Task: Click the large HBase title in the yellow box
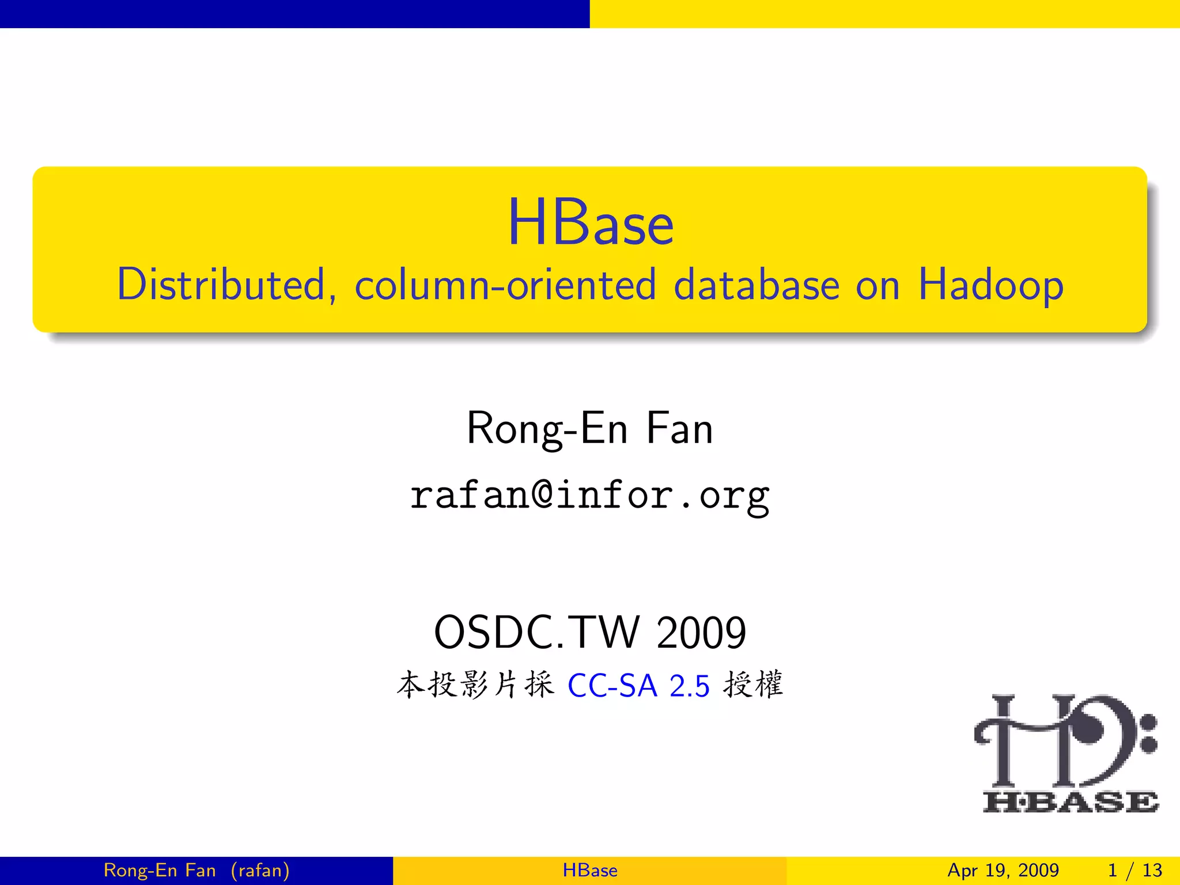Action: pyautogui.click(x=590, y=223)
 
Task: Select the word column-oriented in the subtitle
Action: pyautogui.click(x=505, y=285)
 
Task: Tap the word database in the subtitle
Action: pyautogui.click(x=756, y=285)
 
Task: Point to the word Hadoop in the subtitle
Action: pyautogui.click(x=990, y=286)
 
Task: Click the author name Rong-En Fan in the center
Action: pyautogui.click(x=590, y=429)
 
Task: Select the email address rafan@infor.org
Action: pyautogui.click(x=590, y=496)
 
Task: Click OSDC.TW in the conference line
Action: pyautogui.click(x=536, y=633)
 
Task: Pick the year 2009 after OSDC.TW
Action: pyautogui.click(x=701, y=633)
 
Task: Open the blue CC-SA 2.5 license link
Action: pyautogui.click(x=638, y=686)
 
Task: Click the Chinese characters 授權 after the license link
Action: pyautogui.click(x=753, y=685)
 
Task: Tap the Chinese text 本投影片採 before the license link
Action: pyautogui.click(x=475, y=685)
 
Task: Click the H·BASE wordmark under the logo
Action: pyautogui.click(x=1071, y=801)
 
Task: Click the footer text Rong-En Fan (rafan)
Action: pyautogui.click(x=196, y=870)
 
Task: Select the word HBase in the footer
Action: pyautogui.click(x=590, y=870)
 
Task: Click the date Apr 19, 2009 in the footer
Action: pyautogui.click(x=1003, y=870)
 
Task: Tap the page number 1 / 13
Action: pyautogui.click(x=1134, y=870)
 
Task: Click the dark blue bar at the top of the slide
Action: pyautogui.click(x=294, y=14)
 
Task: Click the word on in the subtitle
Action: pyautogui.click(x=878, y=286)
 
